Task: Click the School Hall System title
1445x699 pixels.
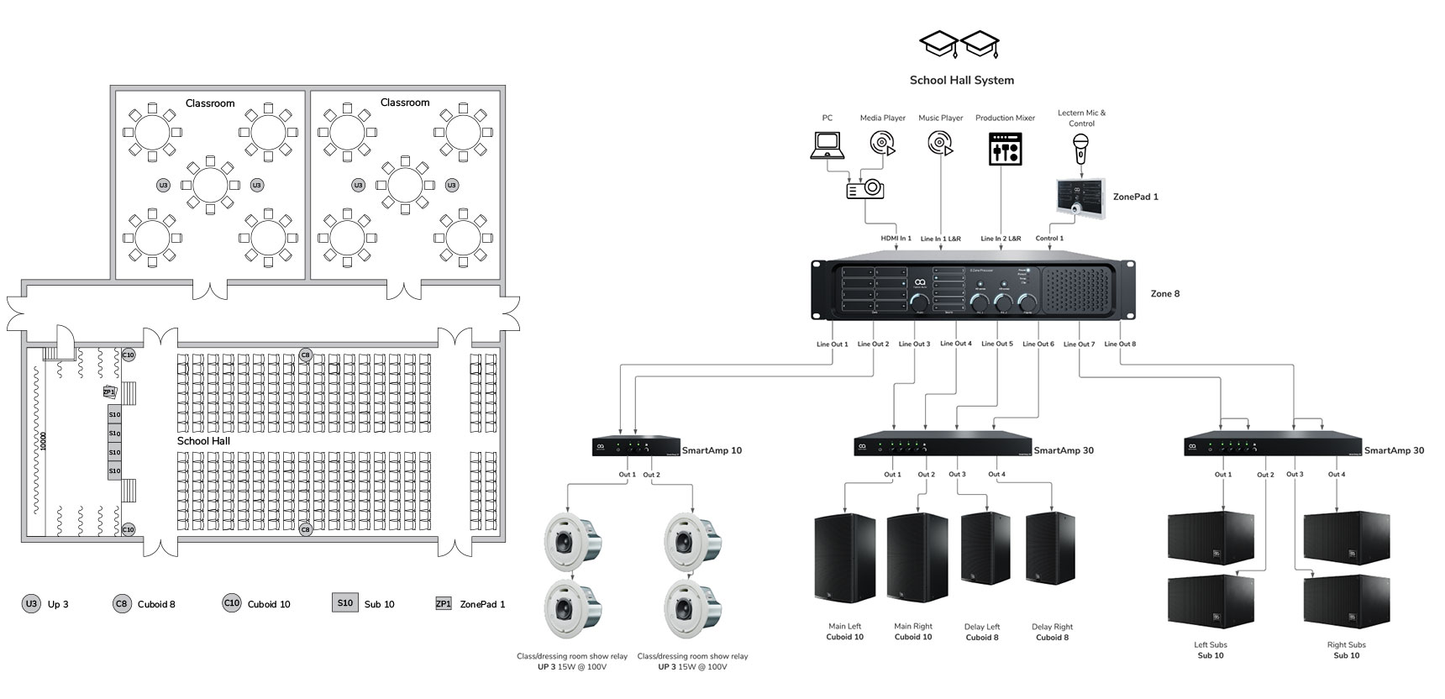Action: click(961, 81)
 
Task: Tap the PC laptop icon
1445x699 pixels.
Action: click(827, 145)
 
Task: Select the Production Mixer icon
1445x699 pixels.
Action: click(1005, 148)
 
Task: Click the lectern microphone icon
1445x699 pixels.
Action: click(1081, 150)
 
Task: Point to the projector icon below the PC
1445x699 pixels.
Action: click(864, 188)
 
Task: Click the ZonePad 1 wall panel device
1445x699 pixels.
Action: click(1081, 198)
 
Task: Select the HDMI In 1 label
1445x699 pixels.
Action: click(896, 239)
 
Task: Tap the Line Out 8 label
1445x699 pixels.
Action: click(1120, 344)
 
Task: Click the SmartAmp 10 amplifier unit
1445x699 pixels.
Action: click(636, 447)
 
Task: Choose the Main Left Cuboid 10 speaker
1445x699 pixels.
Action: click(844, 557)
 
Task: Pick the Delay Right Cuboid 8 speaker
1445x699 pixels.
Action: click(1050, 548)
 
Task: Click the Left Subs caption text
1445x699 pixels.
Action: click(1210, 645)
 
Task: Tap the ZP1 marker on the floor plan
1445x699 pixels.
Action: click(109, 392)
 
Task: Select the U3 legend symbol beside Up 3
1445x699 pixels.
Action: click(31, 603)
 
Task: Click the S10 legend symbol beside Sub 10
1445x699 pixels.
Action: click(344, 602)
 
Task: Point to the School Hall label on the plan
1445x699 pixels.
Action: click(203, 441)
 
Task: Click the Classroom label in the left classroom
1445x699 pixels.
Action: click(210, 103)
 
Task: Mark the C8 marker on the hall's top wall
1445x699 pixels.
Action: click(306, 355)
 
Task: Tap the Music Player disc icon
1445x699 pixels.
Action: click(940, 145)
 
